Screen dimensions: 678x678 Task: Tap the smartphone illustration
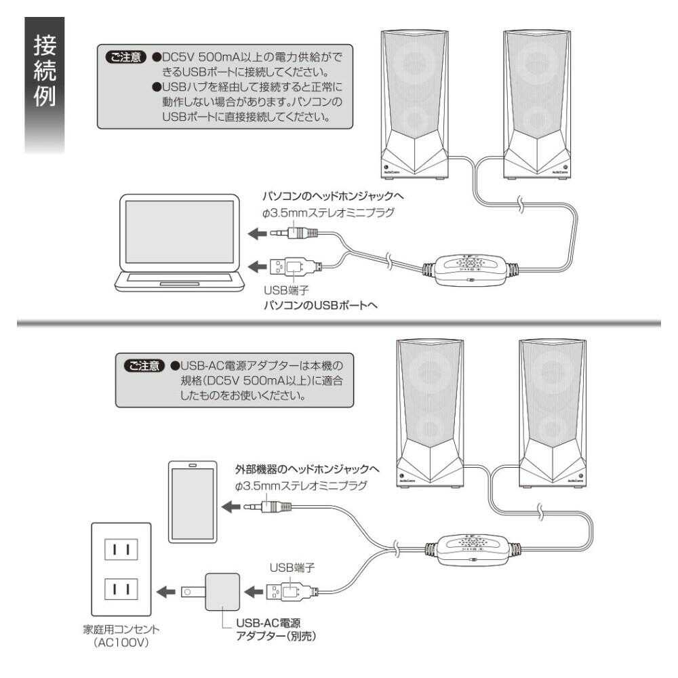tap(193, 502)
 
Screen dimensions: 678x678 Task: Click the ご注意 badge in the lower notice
tap(144, 365)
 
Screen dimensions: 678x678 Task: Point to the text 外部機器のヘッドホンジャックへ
tap(306, 469)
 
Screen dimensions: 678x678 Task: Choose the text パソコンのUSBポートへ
tap(318, 305)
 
